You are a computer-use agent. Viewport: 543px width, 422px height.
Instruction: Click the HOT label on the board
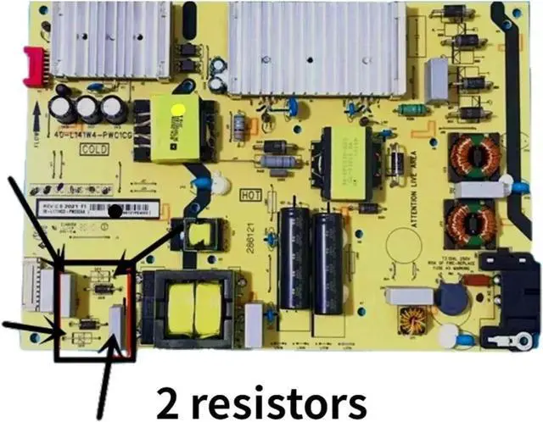tap(251, 194)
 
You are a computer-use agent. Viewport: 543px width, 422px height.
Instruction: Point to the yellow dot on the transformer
tap(178, 110)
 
